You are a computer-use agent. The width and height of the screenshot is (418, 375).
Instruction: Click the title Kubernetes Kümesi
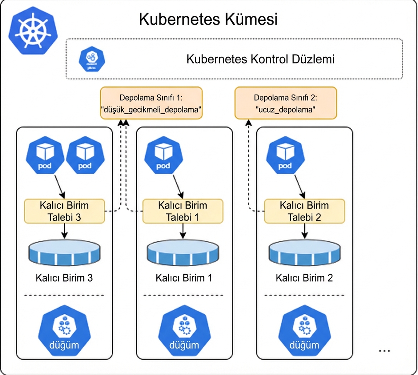coord(208,20)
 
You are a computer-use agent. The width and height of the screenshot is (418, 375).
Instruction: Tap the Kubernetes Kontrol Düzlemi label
coord(260,60)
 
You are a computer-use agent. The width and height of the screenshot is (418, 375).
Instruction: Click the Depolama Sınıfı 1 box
coord(151,103)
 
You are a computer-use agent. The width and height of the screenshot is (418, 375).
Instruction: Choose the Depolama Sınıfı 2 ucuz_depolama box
coord(285,103)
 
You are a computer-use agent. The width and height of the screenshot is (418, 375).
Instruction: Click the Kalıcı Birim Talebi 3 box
coord(65,211)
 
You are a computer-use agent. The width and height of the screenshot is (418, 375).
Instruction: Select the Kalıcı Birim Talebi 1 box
coord(182,211)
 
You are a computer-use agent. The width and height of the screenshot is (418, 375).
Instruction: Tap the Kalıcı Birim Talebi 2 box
coord(304,211)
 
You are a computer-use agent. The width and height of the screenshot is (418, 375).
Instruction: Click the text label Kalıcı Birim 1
coord(184,278)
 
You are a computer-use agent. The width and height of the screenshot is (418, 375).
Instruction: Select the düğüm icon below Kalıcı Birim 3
coord(64,332)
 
